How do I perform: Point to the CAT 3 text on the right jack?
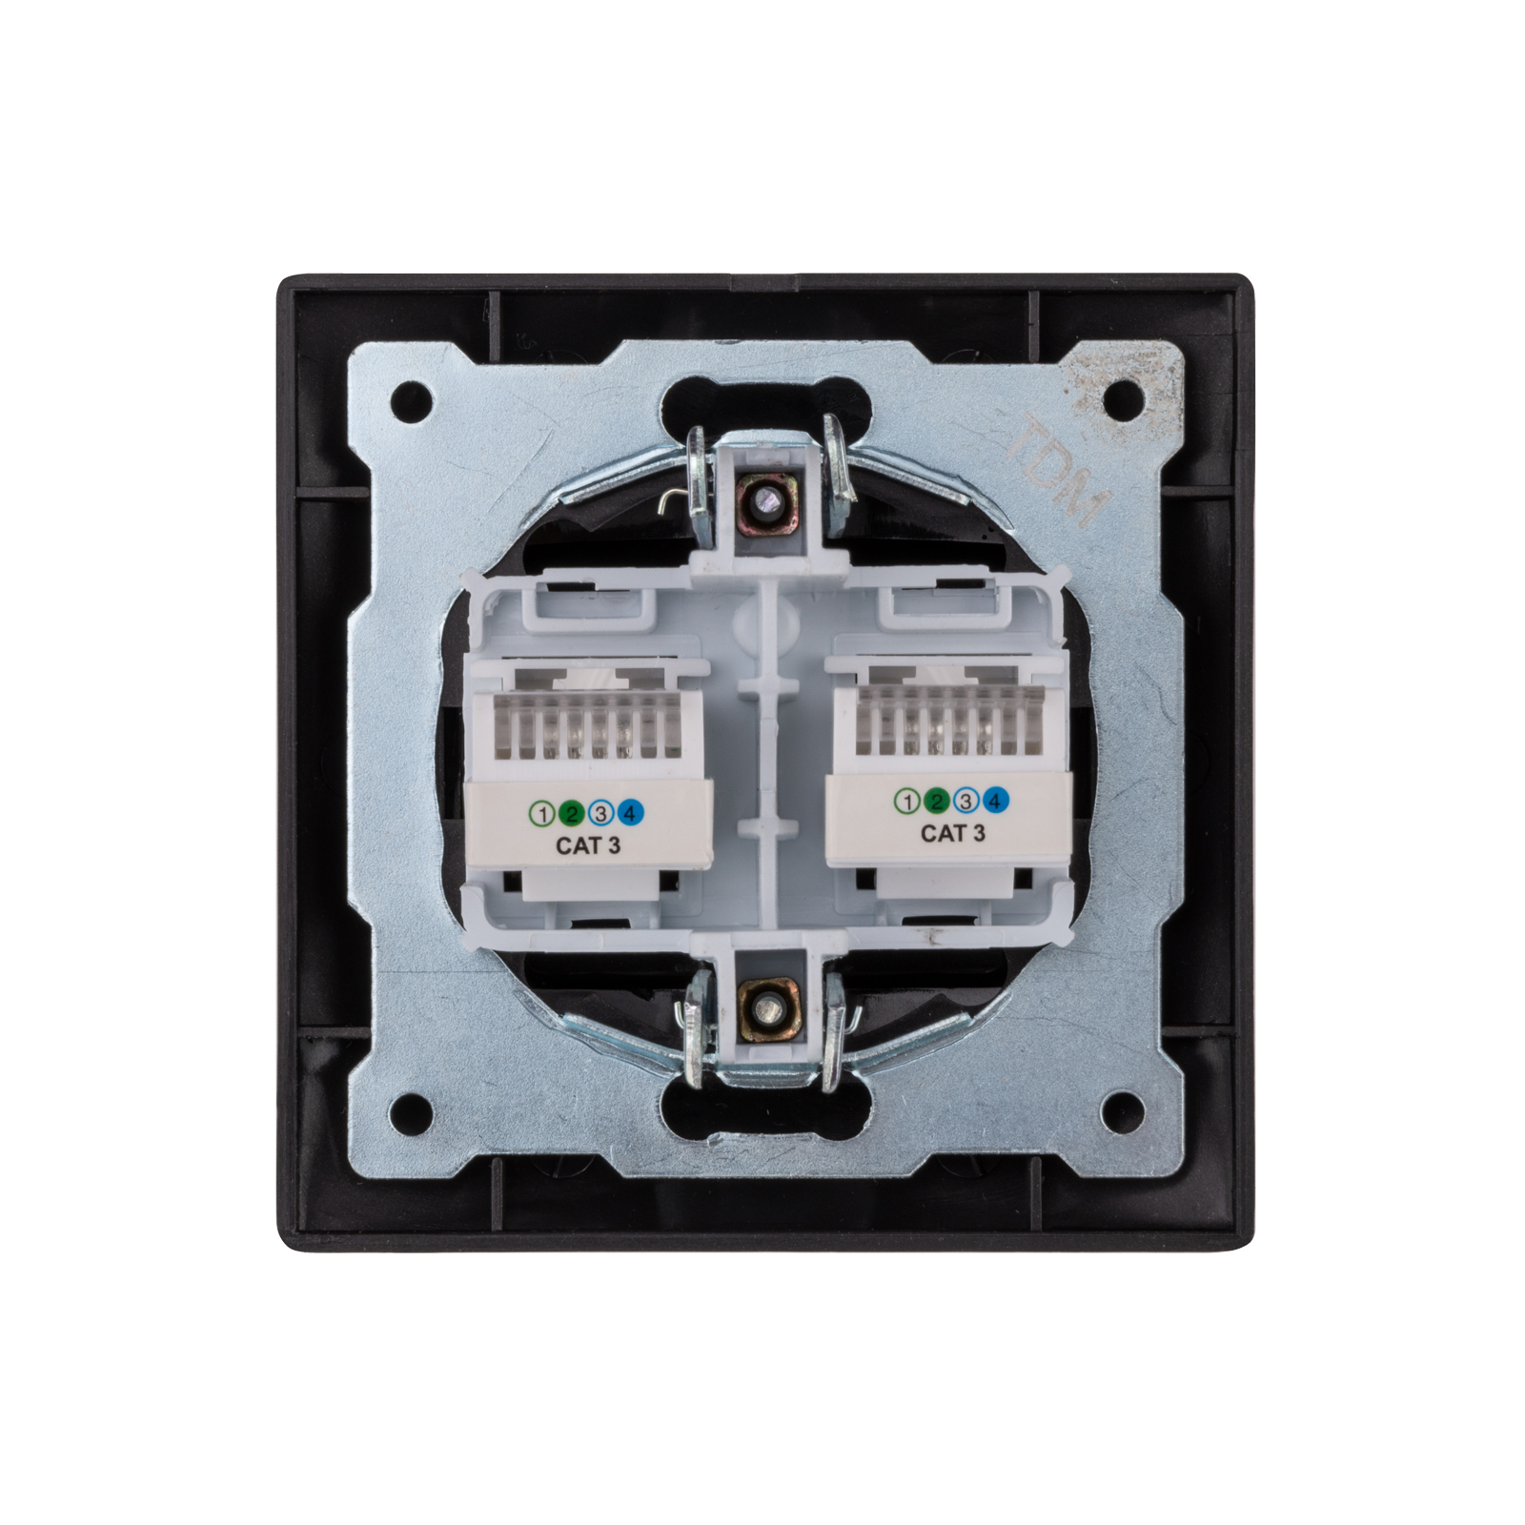click(952, 833)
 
